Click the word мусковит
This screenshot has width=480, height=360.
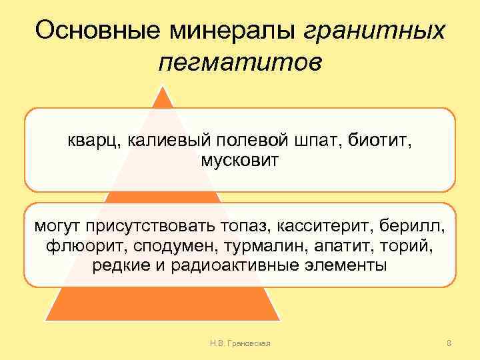240,160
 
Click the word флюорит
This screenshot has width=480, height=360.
83,247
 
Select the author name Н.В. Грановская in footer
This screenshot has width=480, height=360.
239,343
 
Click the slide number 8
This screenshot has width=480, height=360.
449,343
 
